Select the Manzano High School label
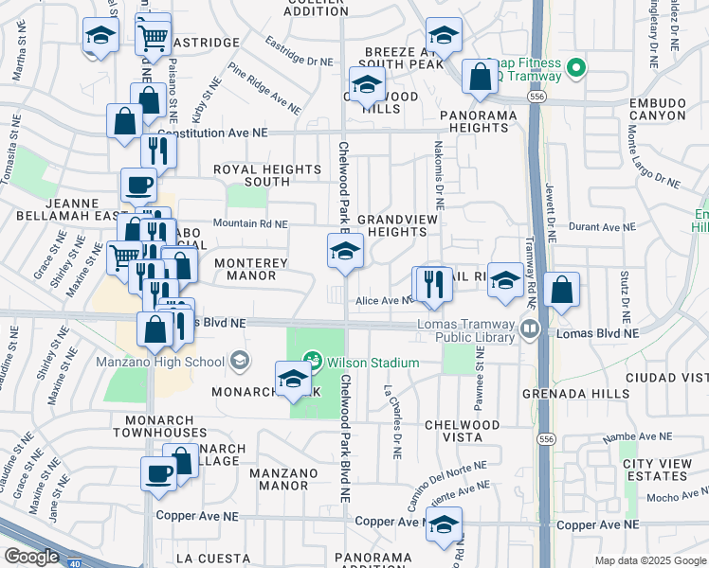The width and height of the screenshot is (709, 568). [x=159, y=361]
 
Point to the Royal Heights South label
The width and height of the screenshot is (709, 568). [x=254, y=175]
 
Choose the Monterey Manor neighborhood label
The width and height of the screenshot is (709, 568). [x=245, y=269]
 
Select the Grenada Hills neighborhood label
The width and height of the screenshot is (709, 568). [x=571, y=392]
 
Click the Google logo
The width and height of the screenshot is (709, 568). [x=31, y=557]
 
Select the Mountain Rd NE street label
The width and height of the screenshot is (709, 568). [x=249, y=223]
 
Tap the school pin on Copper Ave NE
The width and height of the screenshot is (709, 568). [x=443, y=524]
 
